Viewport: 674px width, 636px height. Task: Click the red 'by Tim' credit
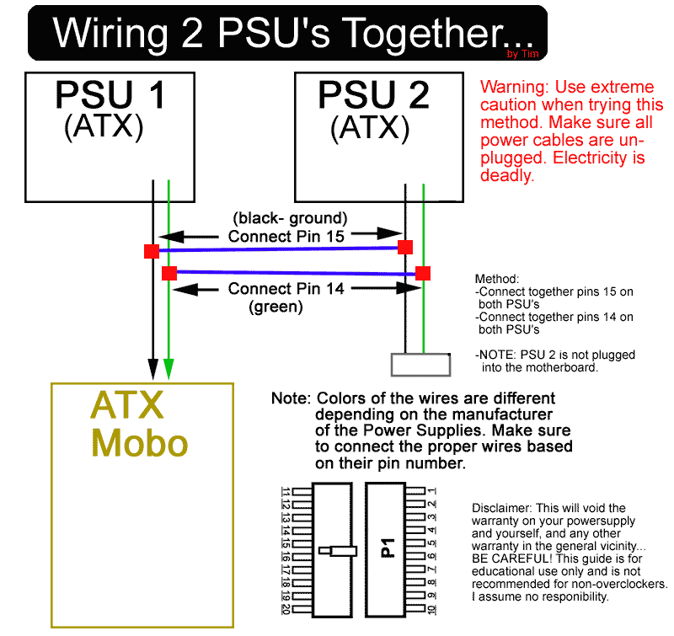[522, 54]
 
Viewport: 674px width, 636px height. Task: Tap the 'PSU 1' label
[110, 94]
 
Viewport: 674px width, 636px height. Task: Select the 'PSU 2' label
[373, 95]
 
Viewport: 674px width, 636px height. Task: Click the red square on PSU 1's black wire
[152, 251]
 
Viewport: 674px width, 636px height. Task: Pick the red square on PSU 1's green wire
[169, 273]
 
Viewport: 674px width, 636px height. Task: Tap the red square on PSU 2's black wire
[405, 247]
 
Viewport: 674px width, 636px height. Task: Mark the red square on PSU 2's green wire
[423, 273]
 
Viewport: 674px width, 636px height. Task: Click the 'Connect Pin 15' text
[286, 237]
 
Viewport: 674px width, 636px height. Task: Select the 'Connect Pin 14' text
[286, 289]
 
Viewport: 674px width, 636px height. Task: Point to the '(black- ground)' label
[290, 218]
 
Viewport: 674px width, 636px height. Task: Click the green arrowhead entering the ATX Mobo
[169, 369]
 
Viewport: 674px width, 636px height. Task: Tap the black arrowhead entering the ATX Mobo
[152, 369]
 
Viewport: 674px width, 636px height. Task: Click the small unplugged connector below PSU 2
[420, 365]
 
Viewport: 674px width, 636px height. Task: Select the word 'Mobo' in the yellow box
[140, 443]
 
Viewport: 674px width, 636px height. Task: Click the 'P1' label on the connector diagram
[388, 548]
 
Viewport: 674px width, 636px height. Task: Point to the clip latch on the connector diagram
[338, 551]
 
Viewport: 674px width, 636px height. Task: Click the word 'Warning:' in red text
[515, 88]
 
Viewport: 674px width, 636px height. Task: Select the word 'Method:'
[497, 279]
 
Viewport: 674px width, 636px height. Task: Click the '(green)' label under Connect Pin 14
[275, 307]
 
